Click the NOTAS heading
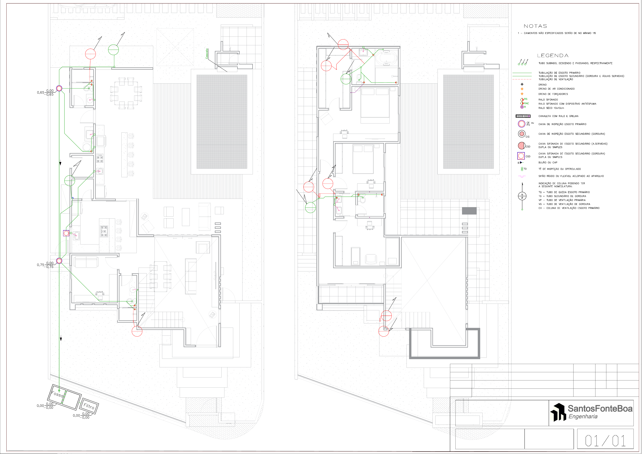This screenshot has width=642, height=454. pos(535,26)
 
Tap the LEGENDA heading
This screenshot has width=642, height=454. pos(552,55)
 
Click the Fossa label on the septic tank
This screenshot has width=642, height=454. pos(57,394)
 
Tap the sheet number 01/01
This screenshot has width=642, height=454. pos(605,441)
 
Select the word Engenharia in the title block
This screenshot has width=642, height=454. pos(583,417)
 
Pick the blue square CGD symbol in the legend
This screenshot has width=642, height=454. pos(521,156)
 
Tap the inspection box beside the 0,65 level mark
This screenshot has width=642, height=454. pos(59,88)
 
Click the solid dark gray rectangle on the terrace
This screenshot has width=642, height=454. pos(469,211)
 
